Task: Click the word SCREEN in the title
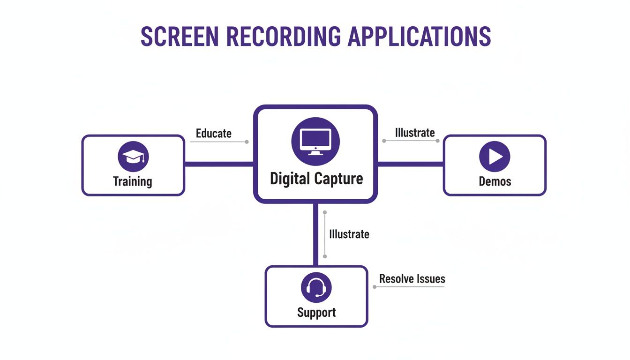179,36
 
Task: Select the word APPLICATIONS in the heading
419,36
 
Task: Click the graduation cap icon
133,157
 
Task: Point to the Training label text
133,181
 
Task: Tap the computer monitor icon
315,140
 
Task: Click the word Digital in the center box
290,179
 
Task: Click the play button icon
495,157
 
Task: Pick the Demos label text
495,181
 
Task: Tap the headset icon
316,287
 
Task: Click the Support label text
316,312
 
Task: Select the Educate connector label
214,133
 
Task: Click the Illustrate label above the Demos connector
415,133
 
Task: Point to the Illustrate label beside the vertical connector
349,234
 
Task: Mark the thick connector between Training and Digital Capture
219,164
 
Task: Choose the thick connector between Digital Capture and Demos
410,164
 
